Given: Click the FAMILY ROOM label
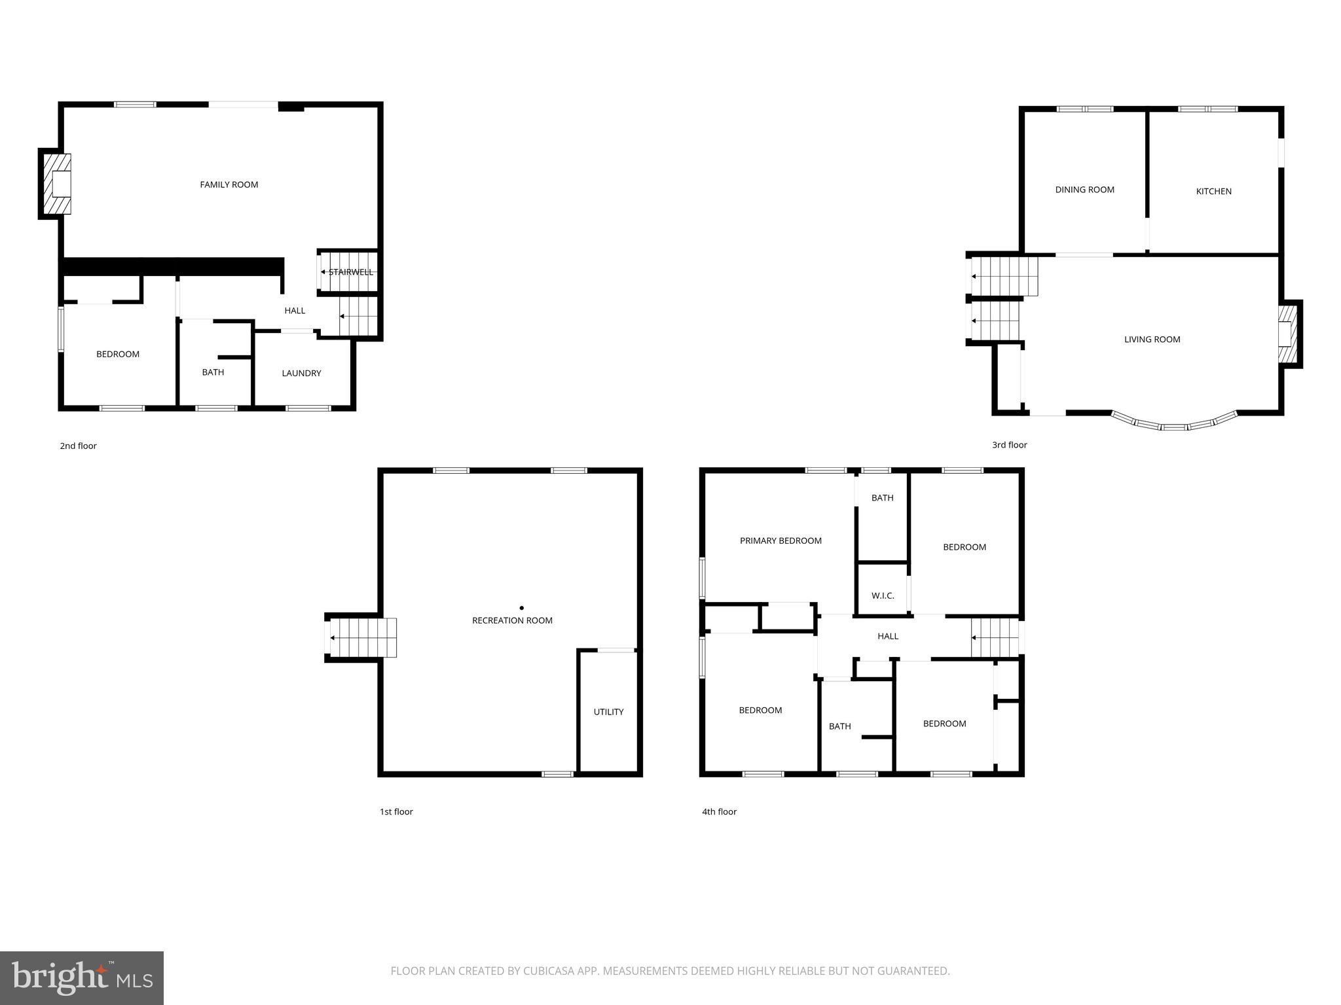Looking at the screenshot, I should [229, 185].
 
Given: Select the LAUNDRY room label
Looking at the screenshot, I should [301, 374].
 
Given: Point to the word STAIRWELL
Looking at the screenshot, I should [351, 272].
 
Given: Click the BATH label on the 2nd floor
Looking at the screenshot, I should [213, 372].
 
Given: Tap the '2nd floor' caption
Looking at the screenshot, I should [78, 446].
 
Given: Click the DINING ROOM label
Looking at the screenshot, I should [1084, 190].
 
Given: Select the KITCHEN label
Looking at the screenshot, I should [1213, 192].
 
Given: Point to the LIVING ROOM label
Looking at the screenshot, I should [1152, 340].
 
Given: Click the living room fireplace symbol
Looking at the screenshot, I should [1287, 334].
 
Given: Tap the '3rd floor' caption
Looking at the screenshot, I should [1009, 445].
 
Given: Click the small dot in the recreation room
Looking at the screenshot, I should [521, 608].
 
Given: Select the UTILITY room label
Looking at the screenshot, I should [608, 712].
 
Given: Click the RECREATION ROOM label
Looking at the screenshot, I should [512, 620].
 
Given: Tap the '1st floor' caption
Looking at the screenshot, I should [396, 812].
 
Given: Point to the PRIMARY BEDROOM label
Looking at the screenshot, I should [781, 541].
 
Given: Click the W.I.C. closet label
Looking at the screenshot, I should [883, 596].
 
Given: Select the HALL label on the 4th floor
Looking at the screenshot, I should [888, 636].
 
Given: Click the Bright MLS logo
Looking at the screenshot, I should [82, 978].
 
